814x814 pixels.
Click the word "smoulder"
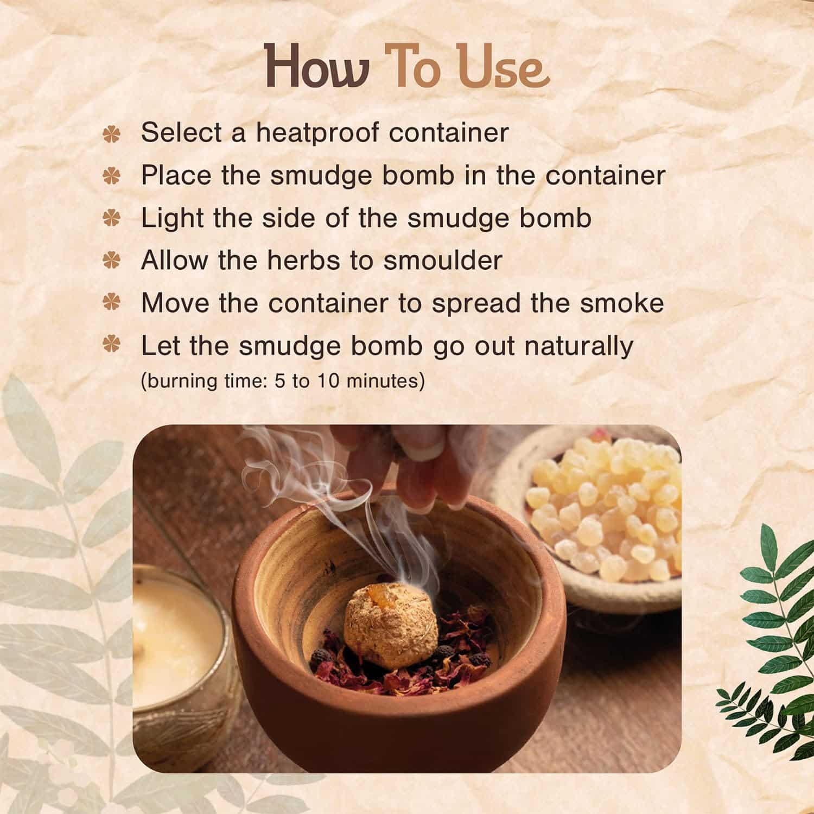442,260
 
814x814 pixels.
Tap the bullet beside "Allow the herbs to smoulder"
111,261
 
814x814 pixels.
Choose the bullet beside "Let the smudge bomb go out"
111,346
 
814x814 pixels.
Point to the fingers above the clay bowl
423,467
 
